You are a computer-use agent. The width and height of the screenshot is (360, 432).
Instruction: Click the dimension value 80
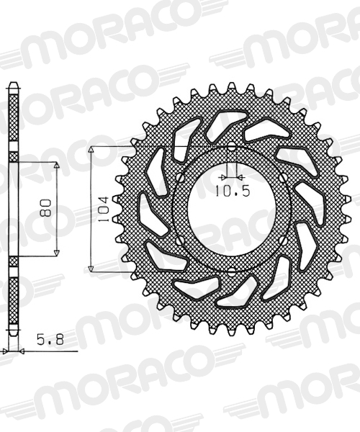point(45,207)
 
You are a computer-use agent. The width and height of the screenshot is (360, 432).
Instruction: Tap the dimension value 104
point(104,210)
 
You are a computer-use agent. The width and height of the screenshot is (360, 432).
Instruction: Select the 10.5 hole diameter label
point(233,191)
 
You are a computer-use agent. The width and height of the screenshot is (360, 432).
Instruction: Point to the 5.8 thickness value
point(50,339)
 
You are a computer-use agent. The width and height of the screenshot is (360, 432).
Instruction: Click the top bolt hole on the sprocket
point(232,147)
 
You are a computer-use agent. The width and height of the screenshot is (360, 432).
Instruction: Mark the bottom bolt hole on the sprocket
point(232,272)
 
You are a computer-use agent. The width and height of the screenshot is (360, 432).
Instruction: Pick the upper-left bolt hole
point(181,177)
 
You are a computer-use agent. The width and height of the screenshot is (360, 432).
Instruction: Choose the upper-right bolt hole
point(283,177)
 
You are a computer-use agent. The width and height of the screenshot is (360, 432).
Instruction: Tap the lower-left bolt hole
point(180,241)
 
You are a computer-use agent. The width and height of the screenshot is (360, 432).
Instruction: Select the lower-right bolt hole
point(283,241)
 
